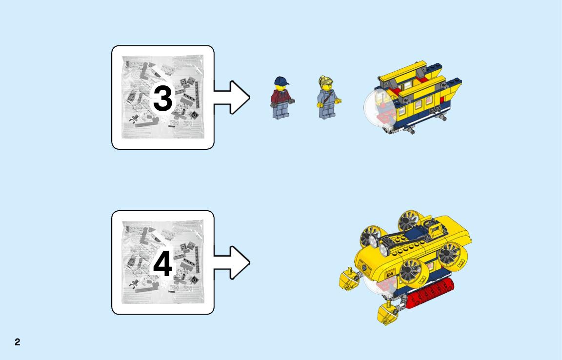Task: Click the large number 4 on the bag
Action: pyautogui.click(x=163, y=263)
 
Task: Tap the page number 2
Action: pyautogui.click(x=17, y=342)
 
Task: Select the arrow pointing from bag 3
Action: pyautogui.click(x=232, y=98)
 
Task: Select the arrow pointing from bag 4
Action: pyautogui.click(x=232, y=263)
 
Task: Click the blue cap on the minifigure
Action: pyautogui.click(x=281, y=80)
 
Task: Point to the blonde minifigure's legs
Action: pyautogui.click(x=327, y=110)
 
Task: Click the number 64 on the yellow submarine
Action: pyautogui.click(x=390, y=274)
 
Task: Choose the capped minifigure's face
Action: pyautogui.click(x=281, y=87)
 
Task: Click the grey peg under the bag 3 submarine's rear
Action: pyautogui.click(x=442, y=117)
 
